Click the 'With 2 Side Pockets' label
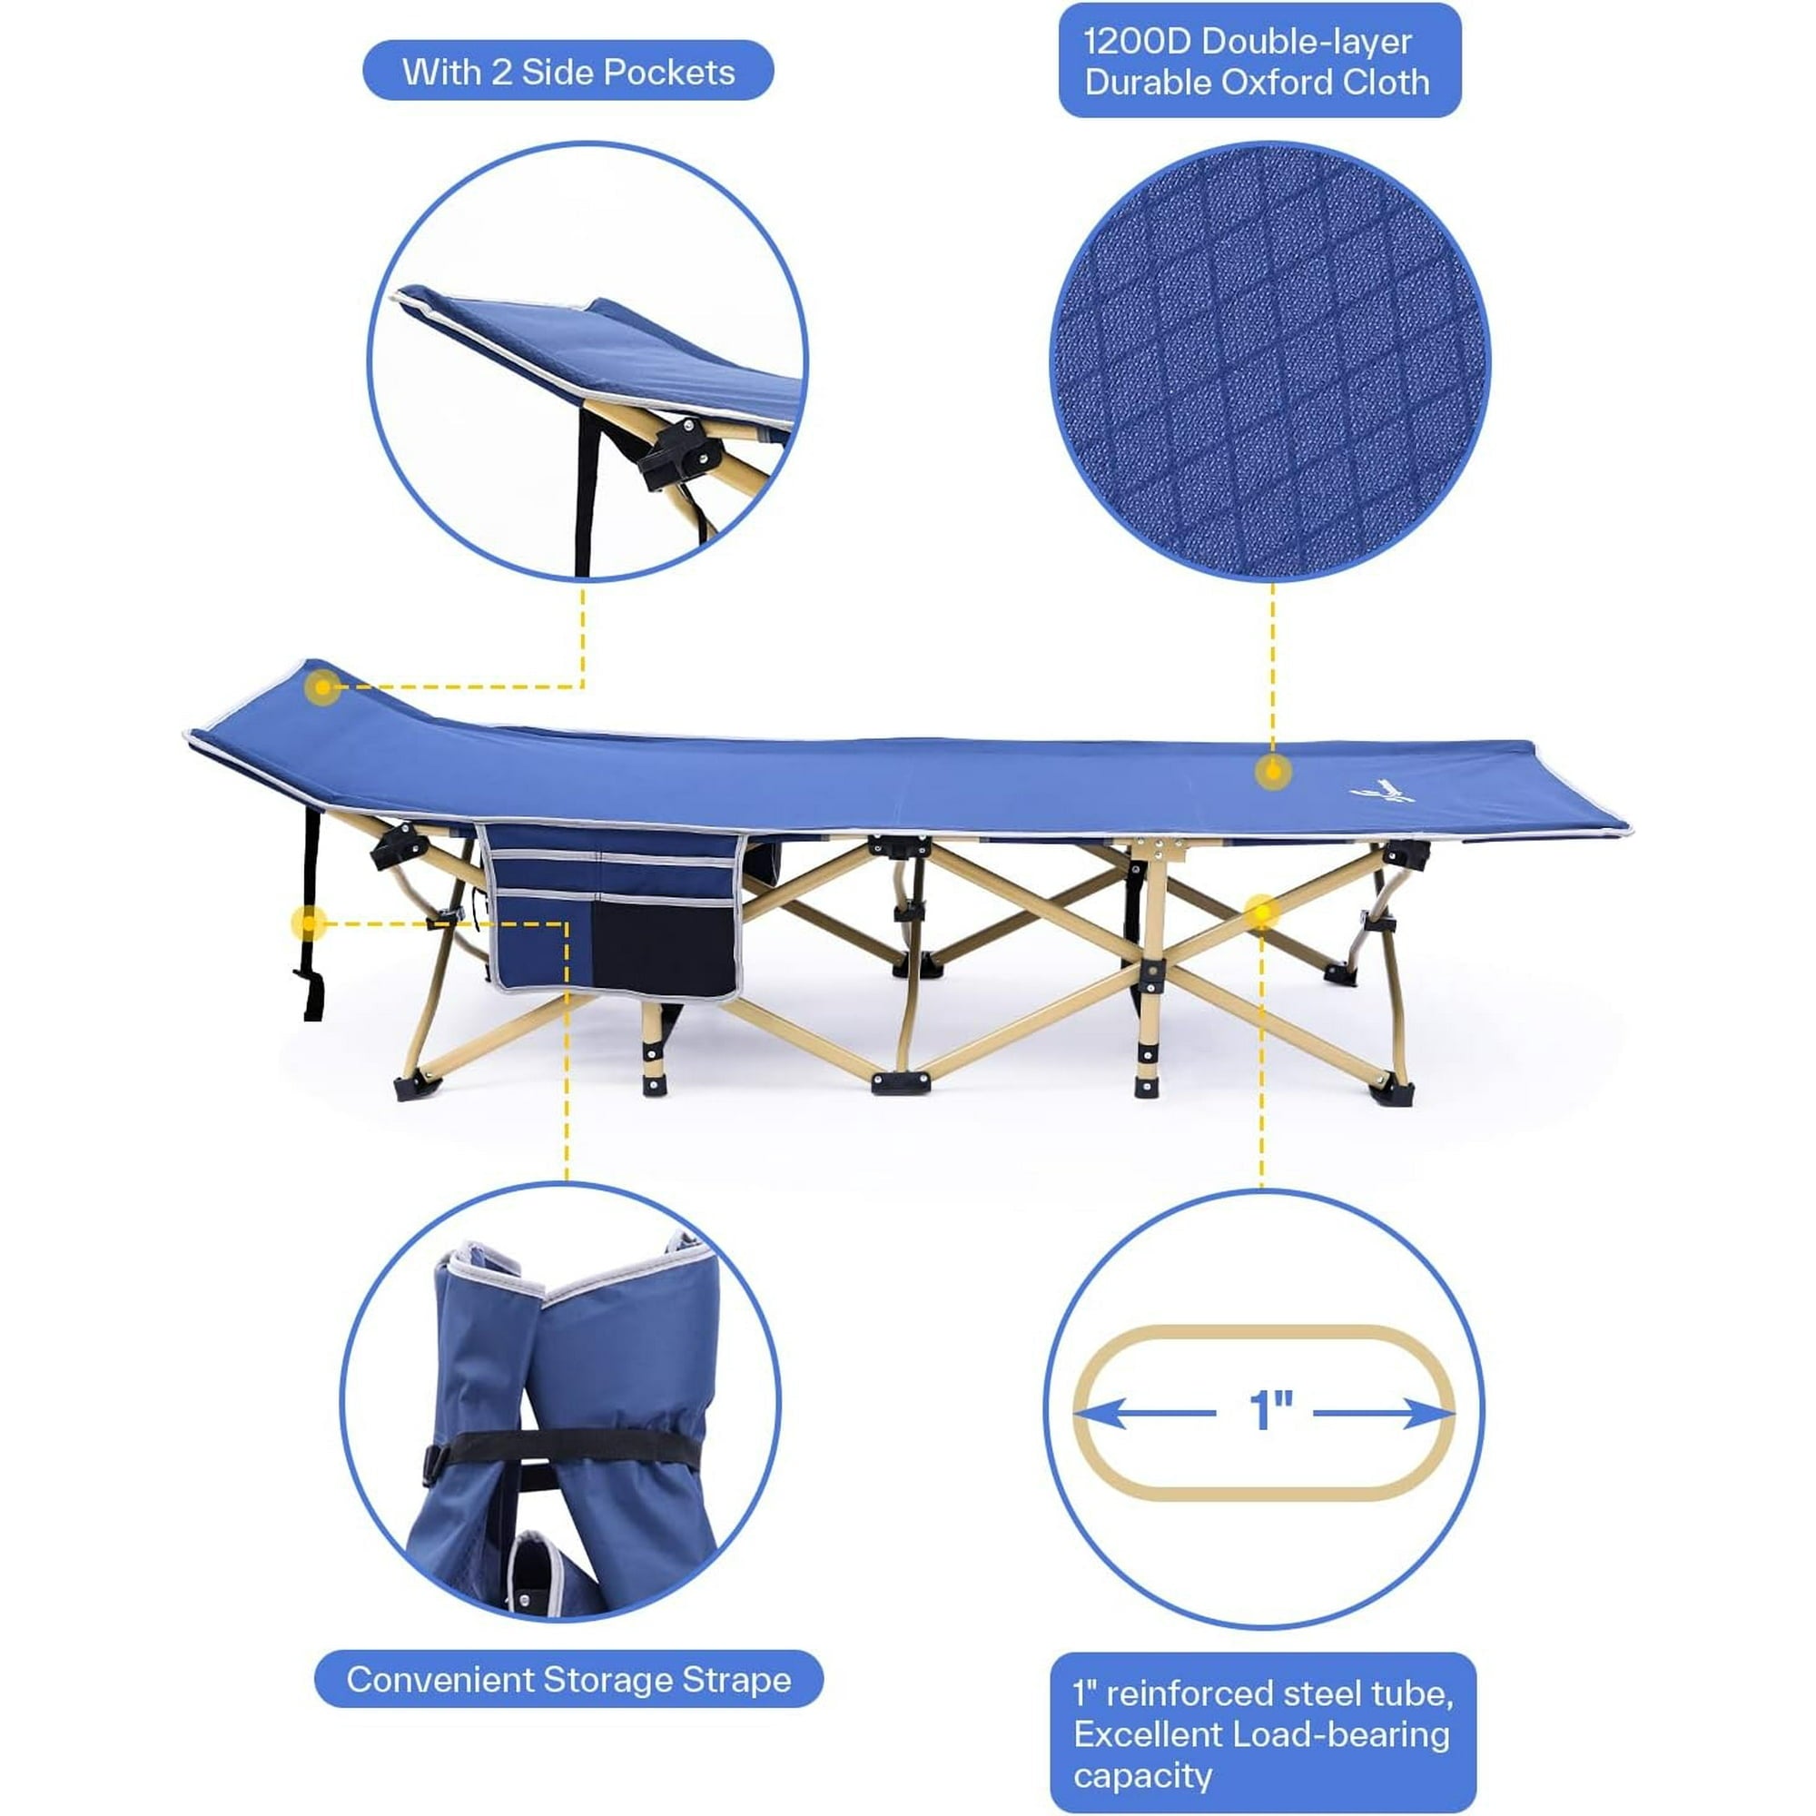(567, 71)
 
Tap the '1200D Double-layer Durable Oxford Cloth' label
(1259, 60)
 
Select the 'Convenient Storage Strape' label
(567, 1679)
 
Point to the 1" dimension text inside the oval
(1271, 1410)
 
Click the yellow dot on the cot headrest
(322, 687)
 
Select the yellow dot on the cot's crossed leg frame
(1261, 911)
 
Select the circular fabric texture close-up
(1271, 362)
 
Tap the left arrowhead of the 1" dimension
(1099, 1413)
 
